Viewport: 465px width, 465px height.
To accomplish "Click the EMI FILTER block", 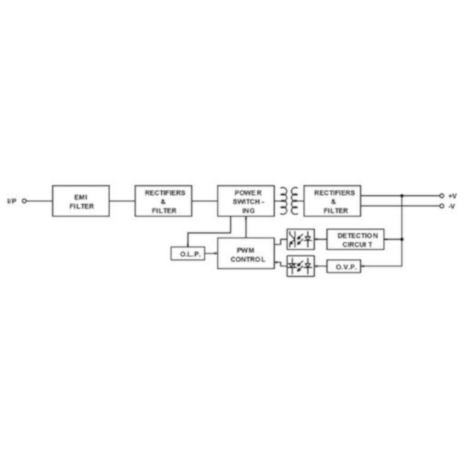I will click(x=81, y=201).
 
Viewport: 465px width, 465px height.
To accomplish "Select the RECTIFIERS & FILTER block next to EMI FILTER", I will click(x=164, y=201).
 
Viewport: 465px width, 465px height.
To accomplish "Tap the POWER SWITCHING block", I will click(x=246, y=201).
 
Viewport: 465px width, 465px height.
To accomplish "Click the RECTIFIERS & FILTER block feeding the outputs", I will click(x=332, y=201).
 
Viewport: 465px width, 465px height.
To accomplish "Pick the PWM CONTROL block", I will click(x=246, y=253).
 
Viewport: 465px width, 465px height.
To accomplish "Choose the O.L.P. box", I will click(x=188, y=254).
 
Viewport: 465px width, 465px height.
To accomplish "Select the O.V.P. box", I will click(x=344, y=266).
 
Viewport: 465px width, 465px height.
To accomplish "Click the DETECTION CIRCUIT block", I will click(x=355, y=239).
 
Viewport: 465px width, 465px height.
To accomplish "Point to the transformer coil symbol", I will click(x=289, y=201).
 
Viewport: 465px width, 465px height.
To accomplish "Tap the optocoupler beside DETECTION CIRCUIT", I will click(x=300, y=239).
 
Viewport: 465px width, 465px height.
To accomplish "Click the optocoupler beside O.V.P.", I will click(x=300, y=266).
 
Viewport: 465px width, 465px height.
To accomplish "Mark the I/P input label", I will click(x=12, y=201).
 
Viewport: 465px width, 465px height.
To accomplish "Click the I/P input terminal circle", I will click(x=25, y=201).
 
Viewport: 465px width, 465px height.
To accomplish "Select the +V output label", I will click(x=452, y=196).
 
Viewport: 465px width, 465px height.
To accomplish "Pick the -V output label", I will click(x=452, y=206).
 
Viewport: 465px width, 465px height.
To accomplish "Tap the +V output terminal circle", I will click(x=441, y=196).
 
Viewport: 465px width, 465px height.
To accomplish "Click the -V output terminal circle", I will click(x=441, y=206).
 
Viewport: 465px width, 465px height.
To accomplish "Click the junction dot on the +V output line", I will click(x=402, y=196).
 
